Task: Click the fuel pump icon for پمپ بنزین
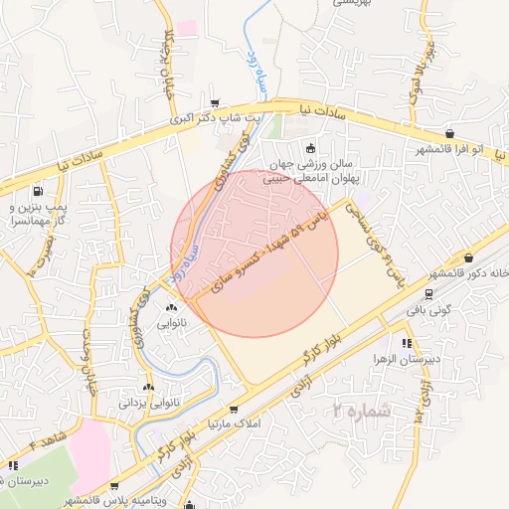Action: [x=38, y=191]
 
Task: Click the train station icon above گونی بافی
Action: [x=428, y=293]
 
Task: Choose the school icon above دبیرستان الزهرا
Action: [x=406, y=343]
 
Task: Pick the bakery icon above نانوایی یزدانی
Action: [x=149, y=387]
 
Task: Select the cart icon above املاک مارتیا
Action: [x=233, y=409]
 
